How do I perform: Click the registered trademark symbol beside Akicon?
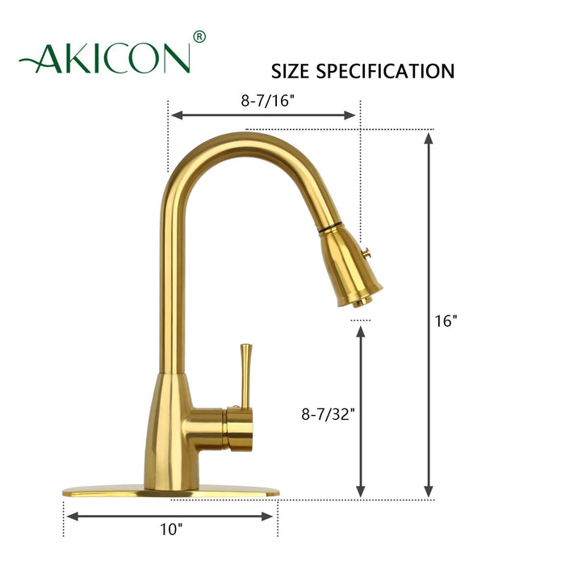tap(200, 37)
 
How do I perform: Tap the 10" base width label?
tap(171, 529)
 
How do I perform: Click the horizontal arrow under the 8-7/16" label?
tap(263, 115)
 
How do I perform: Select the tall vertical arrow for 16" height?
tap(429, 315)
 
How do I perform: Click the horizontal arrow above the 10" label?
tap(171, 515)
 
